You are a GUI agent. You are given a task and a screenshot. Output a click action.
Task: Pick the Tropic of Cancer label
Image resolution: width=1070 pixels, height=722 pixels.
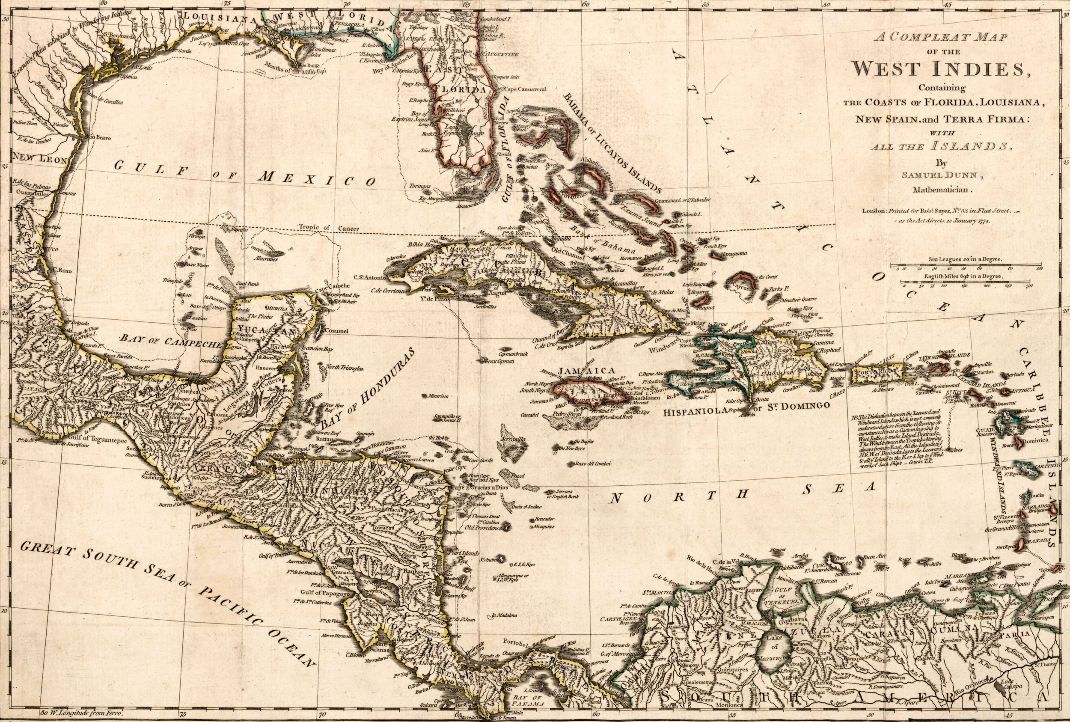tap(322, 227)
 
